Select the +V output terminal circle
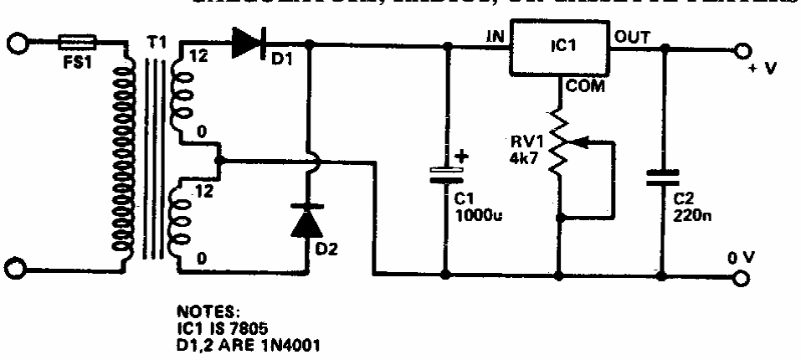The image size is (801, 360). (x=740, y=50)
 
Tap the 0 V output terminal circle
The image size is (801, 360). (x=740, y=274)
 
